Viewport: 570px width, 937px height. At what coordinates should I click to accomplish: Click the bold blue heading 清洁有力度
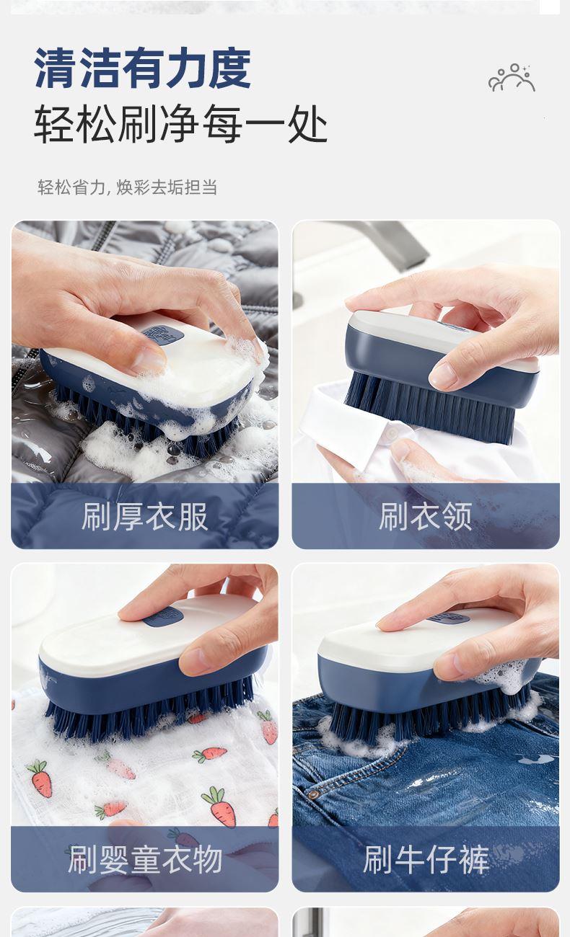[x=143, y=68]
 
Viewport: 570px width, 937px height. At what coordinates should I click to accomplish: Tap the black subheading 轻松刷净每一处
[x=180, y=124]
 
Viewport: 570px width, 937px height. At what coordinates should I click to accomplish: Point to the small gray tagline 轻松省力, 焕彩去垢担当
[x=128, y=187]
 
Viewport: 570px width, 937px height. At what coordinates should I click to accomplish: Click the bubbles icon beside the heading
[x=512, y=78]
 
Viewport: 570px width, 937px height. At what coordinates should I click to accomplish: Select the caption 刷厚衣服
[x=144, y=517]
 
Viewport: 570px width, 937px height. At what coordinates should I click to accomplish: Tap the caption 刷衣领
[x=426, y=517]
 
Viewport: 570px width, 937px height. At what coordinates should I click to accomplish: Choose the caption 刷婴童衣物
[x=145, y=859]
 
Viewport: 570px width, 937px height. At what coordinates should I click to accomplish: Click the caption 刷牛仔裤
[x=426, y=859]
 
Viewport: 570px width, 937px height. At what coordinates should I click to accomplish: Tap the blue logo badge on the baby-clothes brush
[x=163, y=616]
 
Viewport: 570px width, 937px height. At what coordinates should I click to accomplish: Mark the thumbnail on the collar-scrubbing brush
[x=444, y=374]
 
